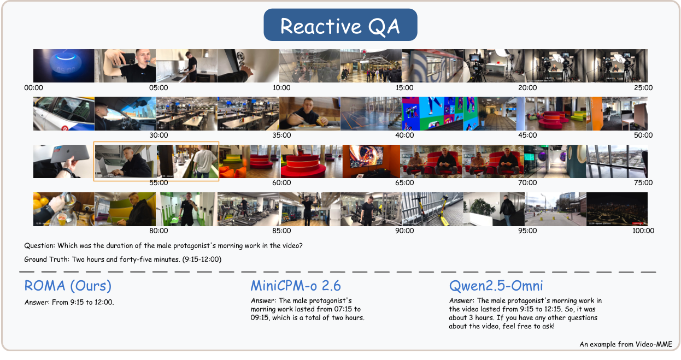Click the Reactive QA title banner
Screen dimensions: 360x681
click(340, 25)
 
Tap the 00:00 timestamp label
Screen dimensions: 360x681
click(34, 87)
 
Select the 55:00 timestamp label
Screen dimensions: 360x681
click(158, 183)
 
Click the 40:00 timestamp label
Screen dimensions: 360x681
click(404, 135)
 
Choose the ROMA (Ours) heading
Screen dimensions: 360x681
click(68, 286)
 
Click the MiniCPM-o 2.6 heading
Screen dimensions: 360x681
click(295, 286)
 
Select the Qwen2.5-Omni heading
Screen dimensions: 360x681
click(496, 286)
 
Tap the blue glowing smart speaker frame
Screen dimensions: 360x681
click(63, 66)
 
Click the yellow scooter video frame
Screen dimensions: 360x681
click(432, 209)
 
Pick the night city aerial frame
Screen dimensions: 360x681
click(617, 209)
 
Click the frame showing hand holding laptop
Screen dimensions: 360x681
click(63, 161)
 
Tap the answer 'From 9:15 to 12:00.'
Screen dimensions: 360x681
click(69, 302)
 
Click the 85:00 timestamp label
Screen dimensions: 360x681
click(281, 231)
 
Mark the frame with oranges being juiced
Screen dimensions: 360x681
click(63, 209)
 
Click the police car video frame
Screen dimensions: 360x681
click(63, 114)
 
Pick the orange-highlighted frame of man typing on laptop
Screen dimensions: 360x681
click(125, 161)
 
